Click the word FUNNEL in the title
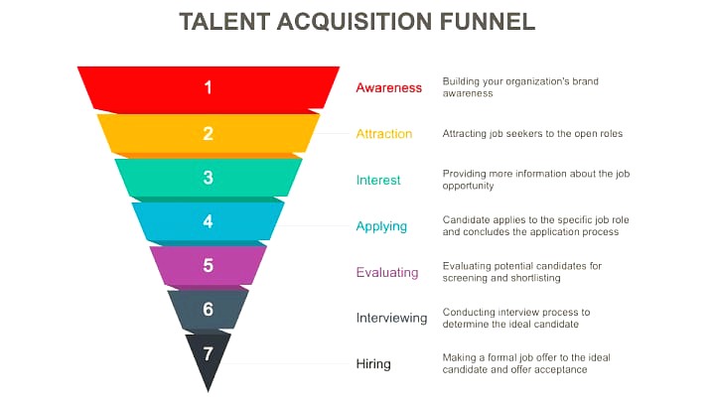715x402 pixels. coord(488,22)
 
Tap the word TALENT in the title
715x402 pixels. coord(224,22)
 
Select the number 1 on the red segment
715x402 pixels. coord(208,87)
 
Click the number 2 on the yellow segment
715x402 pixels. coord(208,133)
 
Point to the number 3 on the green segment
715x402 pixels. coord(208,178)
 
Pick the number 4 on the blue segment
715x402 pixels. coord(208,221)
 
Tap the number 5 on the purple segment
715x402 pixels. coord(208,265)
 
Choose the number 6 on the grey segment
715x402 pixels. coord(208,310)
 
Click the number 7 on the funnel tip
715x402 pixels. coord(208,353)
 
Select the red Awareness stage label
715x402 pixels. coord(389,87)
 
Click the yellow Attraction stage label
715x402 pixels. coord(384,134)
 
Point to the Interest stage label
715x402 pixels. coord(378,180)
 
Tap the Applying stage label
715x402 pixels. coord(381,226)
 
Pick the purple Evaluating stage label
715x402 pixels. coord(387,273)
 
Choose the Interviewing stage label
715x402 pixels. coord(391,318)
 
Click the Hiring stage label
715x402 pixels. coord(373,363)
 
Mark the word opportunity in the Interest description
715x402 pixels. coord(469,186)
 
